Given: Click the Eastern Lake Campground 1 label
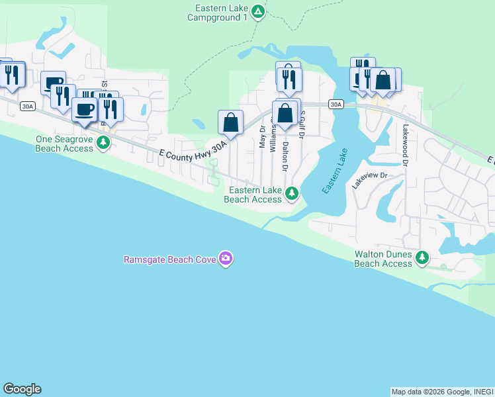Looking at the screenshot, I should pyautogui.click(x=221, y=13).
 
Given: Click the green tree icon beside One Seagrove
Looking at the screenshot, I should pyautogui.click(x=103, y=142).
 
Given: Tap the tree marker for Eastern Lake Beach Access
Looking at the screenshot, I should pyautogui.click(x=291, y=194).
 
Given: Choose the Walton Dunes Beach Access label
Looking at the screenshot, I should pyautogui.click(x=383, y=259).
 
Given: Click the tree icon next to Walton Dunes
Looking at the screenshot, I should pyautogui.click(x=422, y=258).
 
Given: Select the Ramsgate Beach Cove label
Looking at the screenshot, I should pyautogui.click(x=170, y=259).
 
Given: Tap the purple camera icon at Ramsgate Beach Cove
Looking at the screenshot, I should pyautogui.click(x=226, y=259).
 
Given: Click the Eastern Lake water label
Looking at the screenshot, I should pyautogui.click(x=335, y=171).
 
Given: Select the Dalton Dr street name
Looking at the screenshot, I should pyautogui.click(x=286, y=156).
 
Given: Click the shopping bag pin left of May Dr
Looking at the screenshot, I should pyautogui.click(x=230, y=121).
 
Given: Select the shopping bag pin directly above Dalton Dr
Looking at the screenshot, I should pyautogui.click(x=285, y=112).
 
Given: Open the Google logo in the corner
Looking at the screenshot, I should pyautogui.click(x=22, y=389).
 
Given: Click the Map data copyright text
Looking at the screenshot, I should pyautogui.click(x=442, y=392).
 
